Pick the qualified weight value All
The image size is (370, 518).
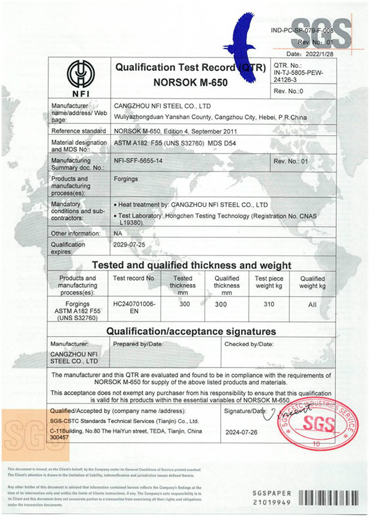[312, 303]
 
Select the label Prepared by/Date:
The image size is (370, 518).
[138, 343]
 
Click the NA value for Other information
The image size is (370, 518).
[119, 234]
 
